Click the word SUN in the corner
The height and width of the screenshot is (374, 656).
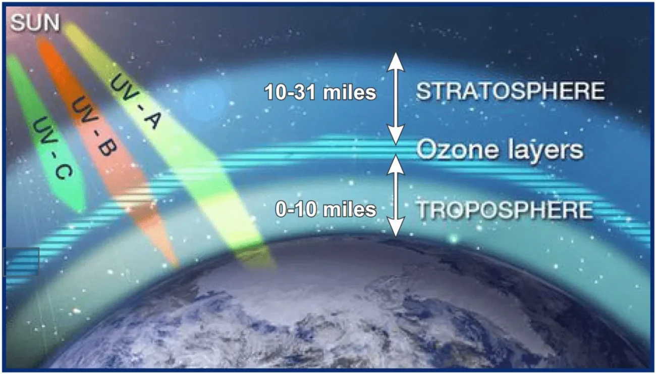coord(35,23)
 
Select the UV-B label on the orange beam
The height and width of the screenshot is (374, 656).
coord(94,127)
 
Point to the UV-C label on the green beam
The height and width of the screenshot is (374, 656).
coord(52,148)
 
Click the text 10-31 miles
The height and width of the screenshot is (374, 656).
coord(320,92)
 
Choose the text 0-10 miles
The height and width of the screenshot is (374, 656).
coord(325,209)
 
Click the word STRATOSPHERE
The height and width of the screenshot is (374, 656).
coord(511,91)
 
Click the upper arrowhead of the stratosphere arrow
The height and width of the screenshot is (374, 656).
coord(396,62)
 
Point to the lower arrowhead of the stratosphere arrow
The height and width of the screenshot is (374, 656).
coord(396,134)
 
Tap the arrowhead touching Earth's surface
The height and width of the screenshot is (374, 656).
coord(396,226)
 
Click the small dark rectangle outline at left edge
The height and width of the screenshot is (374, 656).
coord(21,262)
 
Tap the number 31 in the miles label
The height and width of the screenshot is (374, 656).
coord(305,92)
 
